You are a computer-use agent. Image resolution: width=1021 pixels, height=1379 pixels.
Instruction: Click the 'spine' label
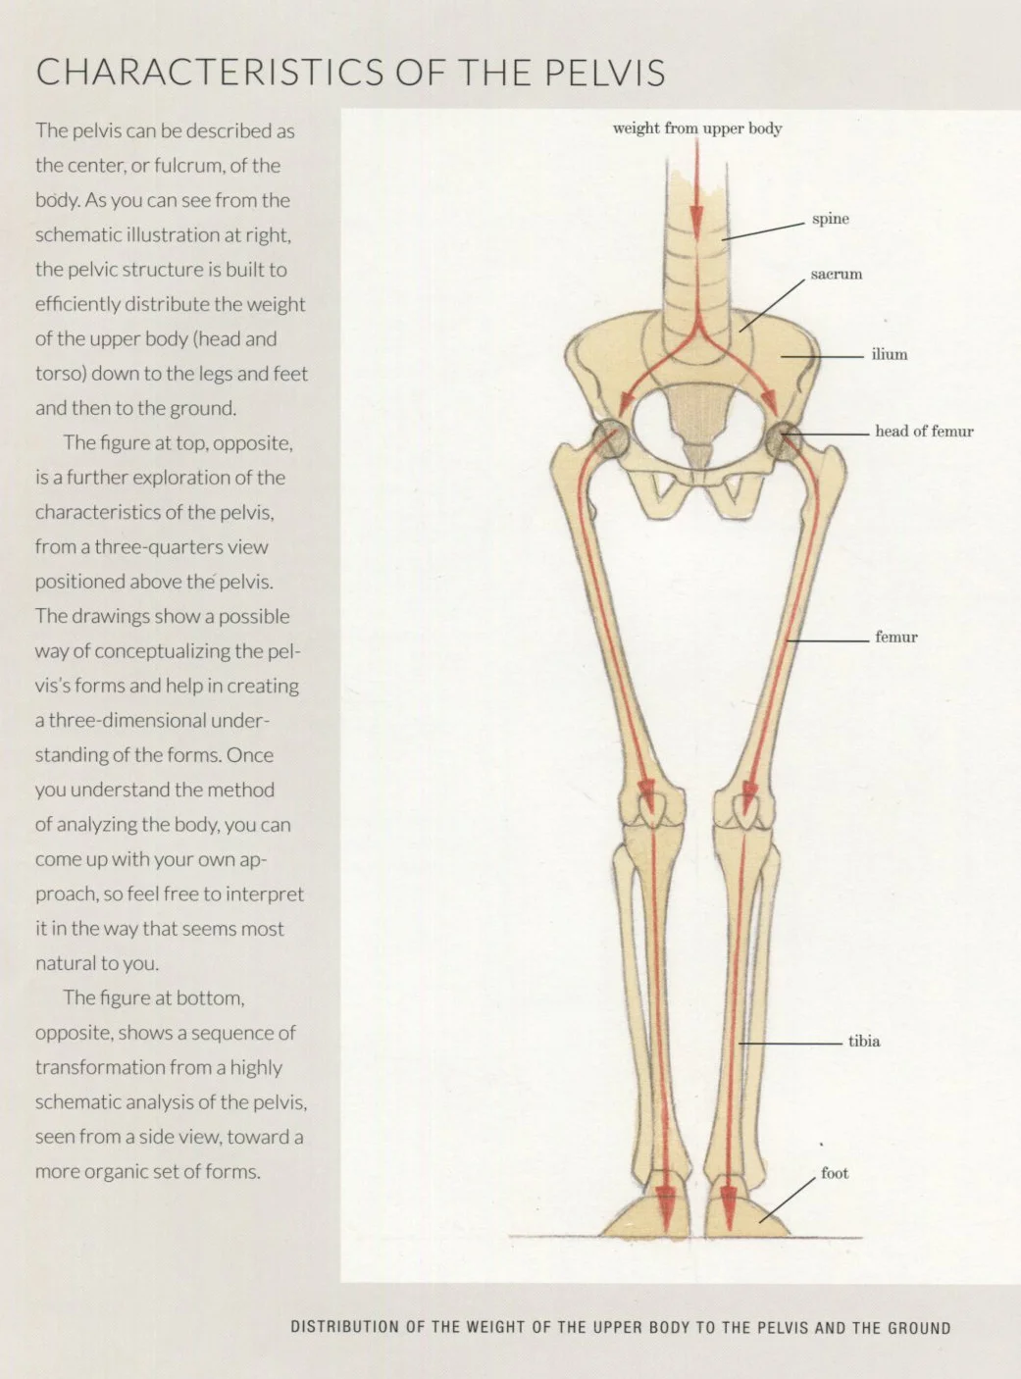tap(830, 219)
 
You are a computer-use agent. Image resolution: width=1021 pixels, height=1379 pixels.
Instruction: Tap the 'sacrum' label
tap(836, 275)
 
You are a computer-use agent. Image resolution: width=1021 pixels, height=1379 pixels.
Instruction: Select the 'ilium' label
tap(889, 355)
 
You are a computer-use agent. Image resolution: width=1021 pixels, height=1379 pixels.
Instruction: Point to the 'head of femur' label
tap(924, 432)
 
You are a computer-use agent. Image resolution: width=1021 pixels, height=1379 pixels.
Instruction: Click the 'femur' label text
tap(895, 638)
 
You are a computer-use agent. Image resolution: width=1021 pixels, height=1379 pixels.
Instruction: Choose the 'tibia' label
tap(863, 1042)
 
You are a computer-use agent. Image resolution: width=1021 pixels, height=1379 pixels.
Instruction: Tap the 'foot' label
tap(834, 1173)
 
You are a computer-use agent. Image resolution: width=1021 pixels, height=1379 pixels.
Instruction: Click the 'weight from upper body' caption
tap(696, 128)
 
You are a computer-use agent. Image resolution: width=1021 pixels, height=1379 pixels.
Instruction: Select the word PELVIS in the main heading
tap(604, 74)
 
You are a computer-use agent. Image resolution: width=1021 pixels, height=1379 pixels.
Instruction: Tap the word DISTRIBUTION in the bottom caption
tap(344, 1328)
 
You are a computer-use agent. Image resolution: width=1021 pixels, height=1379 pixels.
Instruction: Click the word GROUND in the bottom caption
tap(919, 1328)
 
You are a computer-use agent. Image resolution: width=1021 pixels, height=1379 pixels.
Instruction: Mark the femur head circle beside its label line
tap(783, 440)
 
